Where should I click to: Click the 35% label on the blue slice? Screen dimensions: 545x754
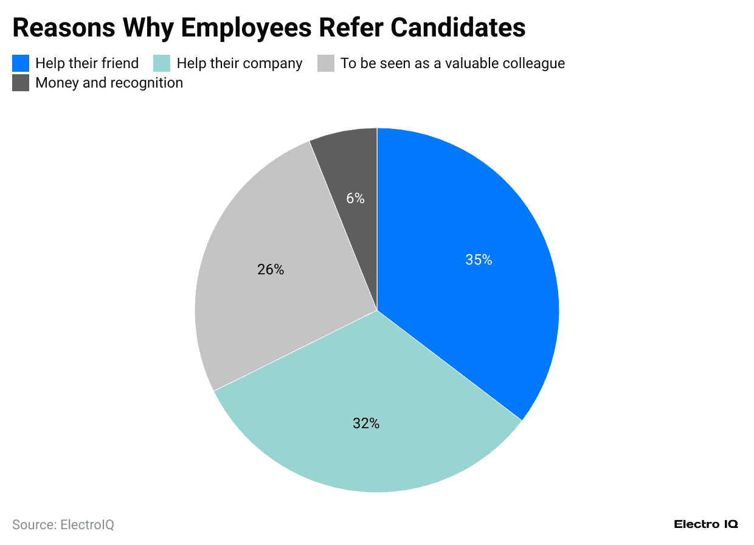coord(479,260)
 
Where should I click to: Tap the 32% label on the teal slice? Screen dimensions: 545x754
coord(366,423)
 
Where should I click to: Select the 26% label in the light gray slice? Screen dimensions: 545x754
coord(271,269)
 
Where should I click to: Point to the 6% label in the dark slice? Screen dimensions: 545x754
coord(355,198)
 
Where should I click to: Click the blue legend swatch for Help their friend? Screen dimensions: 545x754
coord(21,63)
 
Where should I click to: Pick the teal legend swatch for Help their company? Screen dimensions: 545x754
coord(162,63)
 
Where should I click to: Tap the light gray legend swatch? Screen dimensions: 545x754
coord(326,63)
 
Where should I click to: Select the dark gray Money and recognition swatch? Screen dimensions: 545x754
coord(21,83)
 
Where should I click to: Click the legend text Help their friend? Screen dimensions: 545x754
coord(87,63)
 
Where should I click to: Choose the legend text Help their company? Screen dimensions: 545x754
coord(239,63)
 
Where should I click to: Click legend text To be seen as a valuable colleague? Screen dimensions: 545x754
coord(452,63)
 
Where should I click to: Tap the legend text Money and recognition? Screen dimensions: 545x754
coord(109,83)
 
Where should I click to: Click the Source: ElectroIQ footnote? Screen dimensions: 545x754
coord(63,524)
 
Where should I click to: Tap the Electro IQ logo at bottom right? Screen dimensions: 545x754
coord(705,524)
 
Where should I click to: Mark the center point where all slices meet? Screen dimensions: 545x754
coord(377,310)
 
